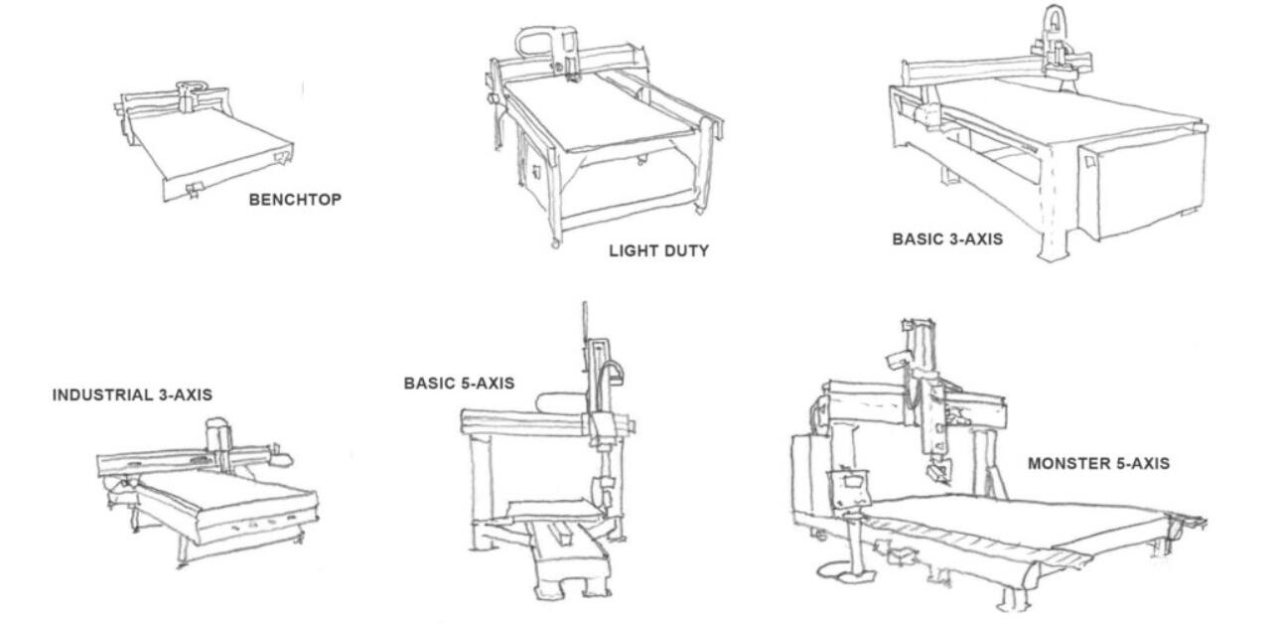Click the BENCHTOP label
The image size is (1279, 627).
(x=295, y=200)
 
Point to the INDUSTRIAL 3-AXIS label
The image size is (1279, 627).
(x=132, y=395)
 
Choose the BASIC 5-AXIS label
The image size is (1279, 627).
(x=459, y=384)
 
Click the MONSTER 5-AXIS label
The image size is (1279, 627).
(x=1098, y=463)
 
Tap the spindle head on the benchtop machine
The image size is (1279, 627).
(x=187, y=98)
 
